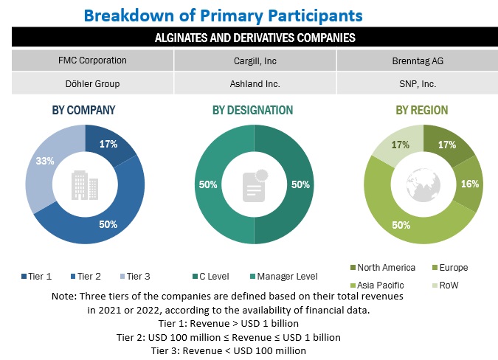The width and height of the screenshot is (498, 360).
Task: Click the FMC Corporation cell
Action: [92, 60]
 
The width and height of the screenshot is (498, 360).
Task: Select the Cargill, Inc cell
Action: [255, 60]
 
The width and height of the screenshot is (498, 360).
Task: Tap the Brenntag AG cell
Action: [417, 60]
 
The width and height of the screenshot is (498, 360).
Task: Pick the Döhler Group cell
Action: [92, 83]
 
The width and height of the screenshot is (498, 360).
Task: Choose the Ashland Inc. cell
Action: [255, 83]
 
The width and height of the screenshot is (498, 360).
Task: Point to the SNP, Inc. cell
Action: [417, 83]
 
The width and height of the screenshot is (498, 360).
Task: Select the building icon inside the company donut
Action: [84, 184]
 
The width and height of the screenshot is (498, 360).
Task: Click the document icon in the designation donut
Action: [254, 185]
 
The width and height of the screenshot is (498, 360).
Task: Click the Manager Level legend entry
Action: [285, 277]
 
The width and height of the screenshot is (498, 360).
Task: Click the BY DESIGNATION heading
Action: [253, 110]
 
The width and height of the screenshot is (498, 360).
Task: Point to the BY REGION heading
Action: [421, 110]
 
